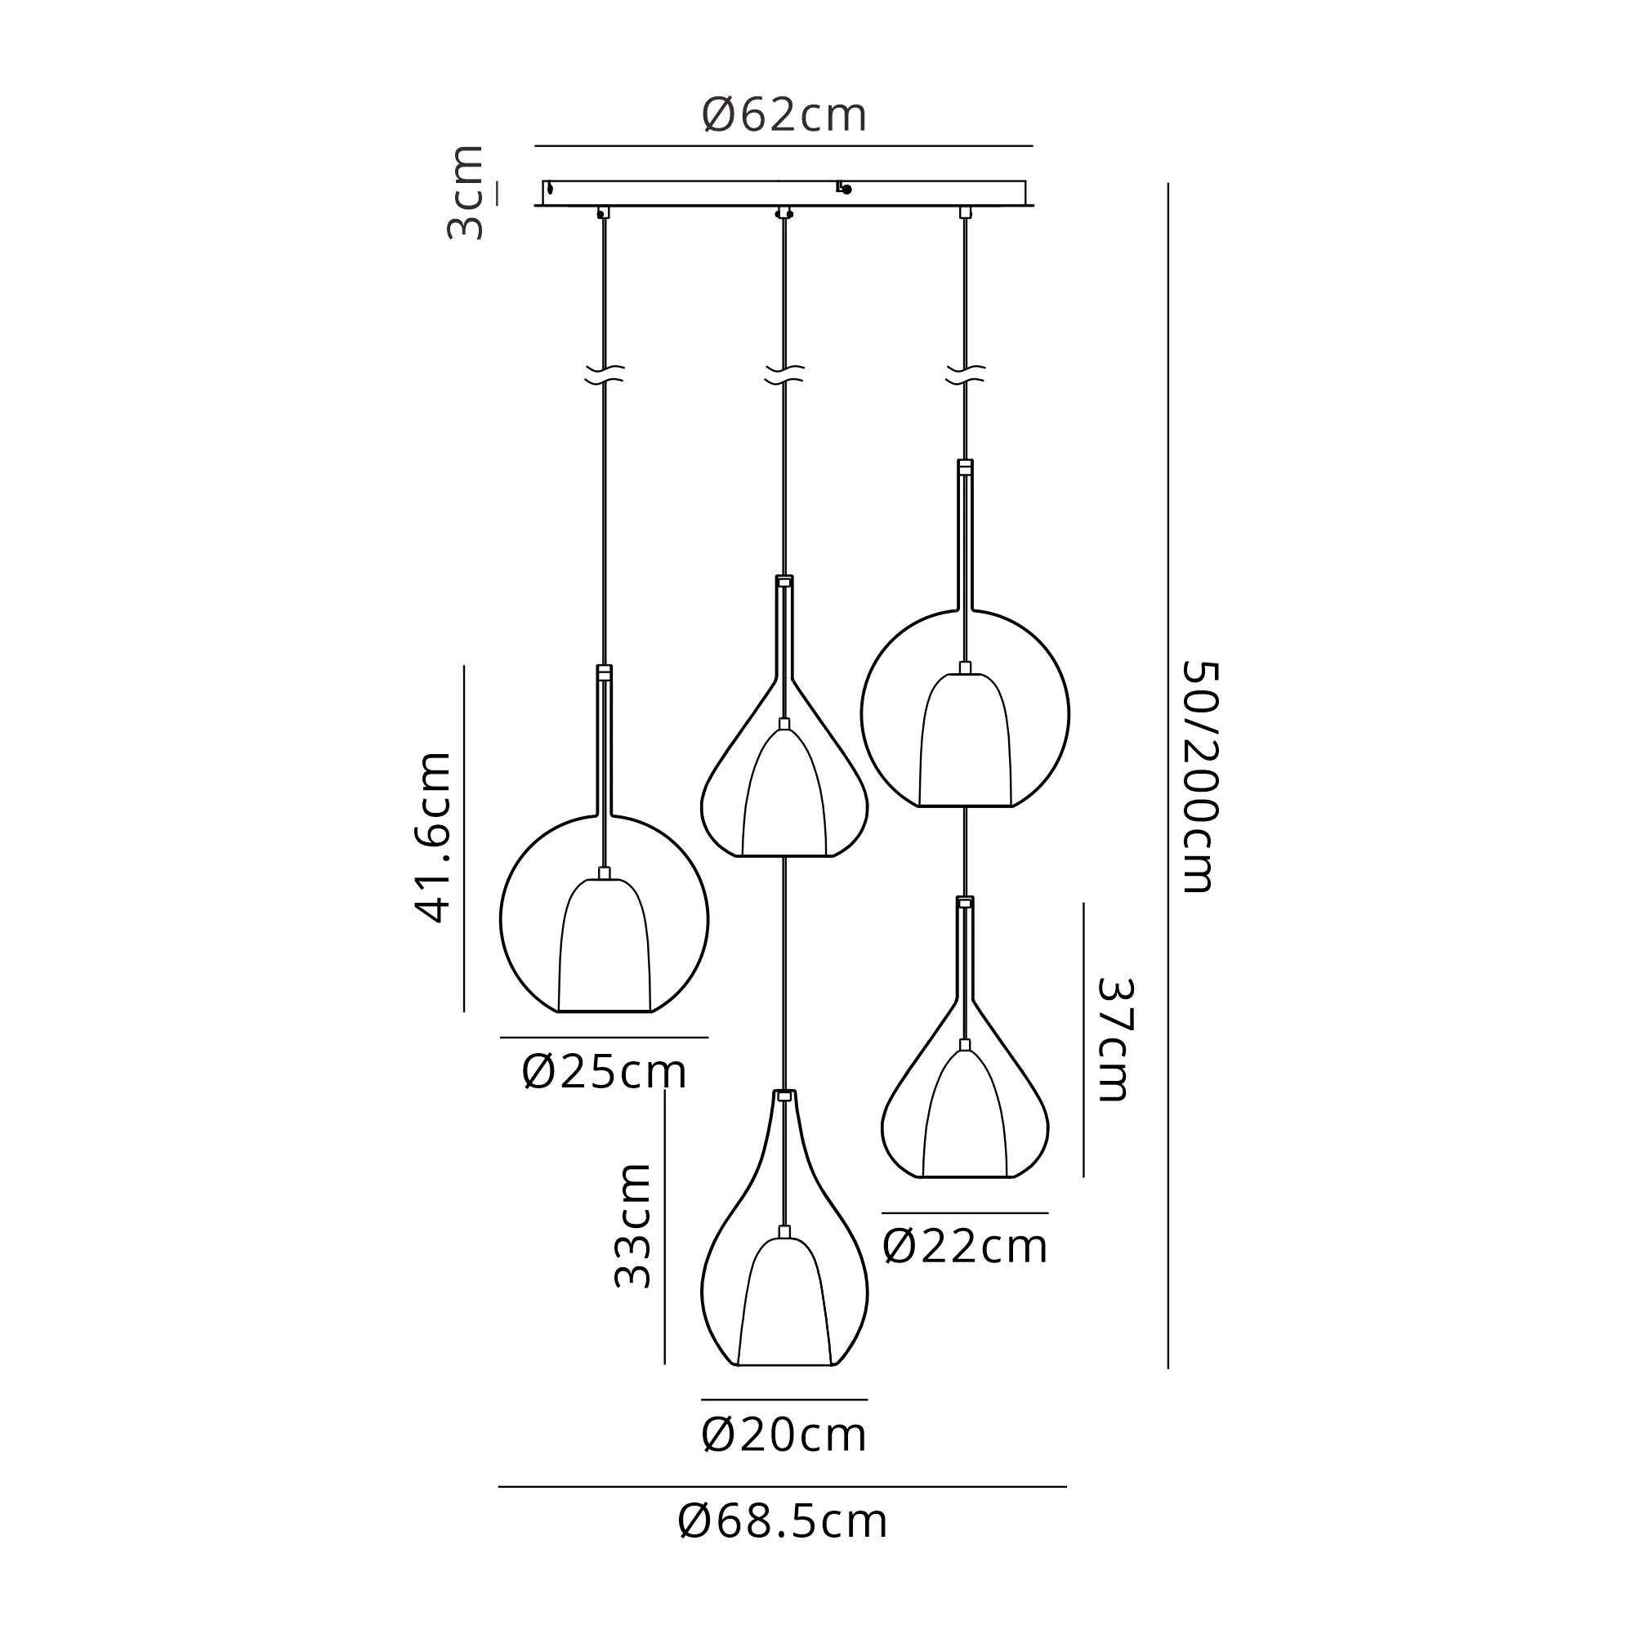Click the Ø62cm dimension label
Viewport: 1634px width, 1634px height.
tap(784, 116)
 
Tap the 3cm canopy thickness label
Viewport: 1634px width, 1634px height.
tap(466, 193)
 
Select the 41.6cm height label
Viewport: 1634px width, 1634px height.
tap(433, 837)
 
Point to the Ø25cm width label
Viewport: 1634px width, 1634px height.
tap(604, 1072)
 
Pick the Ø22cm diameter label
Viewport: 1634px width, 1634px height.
tap(965, 1247)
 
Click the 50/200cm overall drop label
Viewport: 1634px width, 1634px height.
tap(1200, 777)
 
